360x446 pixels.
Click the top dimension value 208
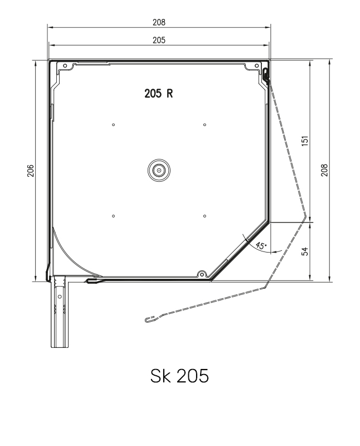click(159, 22)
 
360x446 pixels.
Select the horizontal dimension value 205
click(159, 40)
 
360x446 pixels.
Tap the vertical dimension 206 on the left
click(31, 171)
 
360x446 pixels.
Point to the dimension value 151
click(305, 141)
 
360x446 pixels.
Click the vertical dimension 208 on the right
click(324, 170)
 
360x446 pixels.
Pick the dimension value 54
click(305, 251)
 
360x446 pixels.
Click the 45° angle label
click(261, 245)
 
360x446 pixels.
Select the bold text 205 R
click(159, 93)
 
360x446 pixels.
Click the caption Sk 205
click(179, 376)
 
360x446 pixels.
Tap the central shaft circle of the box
click(159, 171)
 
